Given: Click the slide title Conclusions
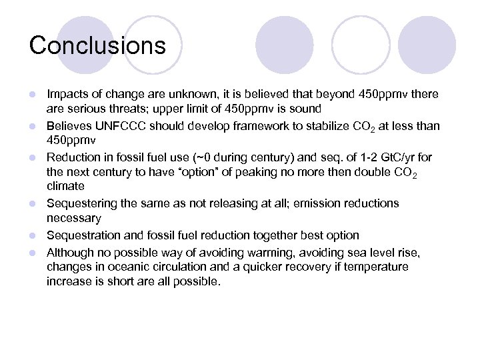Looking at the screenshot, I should tap(97, 45).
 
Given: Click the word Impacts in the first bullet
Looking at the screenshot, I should tap(65, 95).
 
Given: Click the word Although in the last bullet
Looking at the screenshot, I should tap(69, 252).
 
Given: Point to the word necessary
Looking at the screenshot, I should tap(74, 218).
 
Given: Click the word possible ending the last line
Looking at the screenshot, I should tap(198, 281).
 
